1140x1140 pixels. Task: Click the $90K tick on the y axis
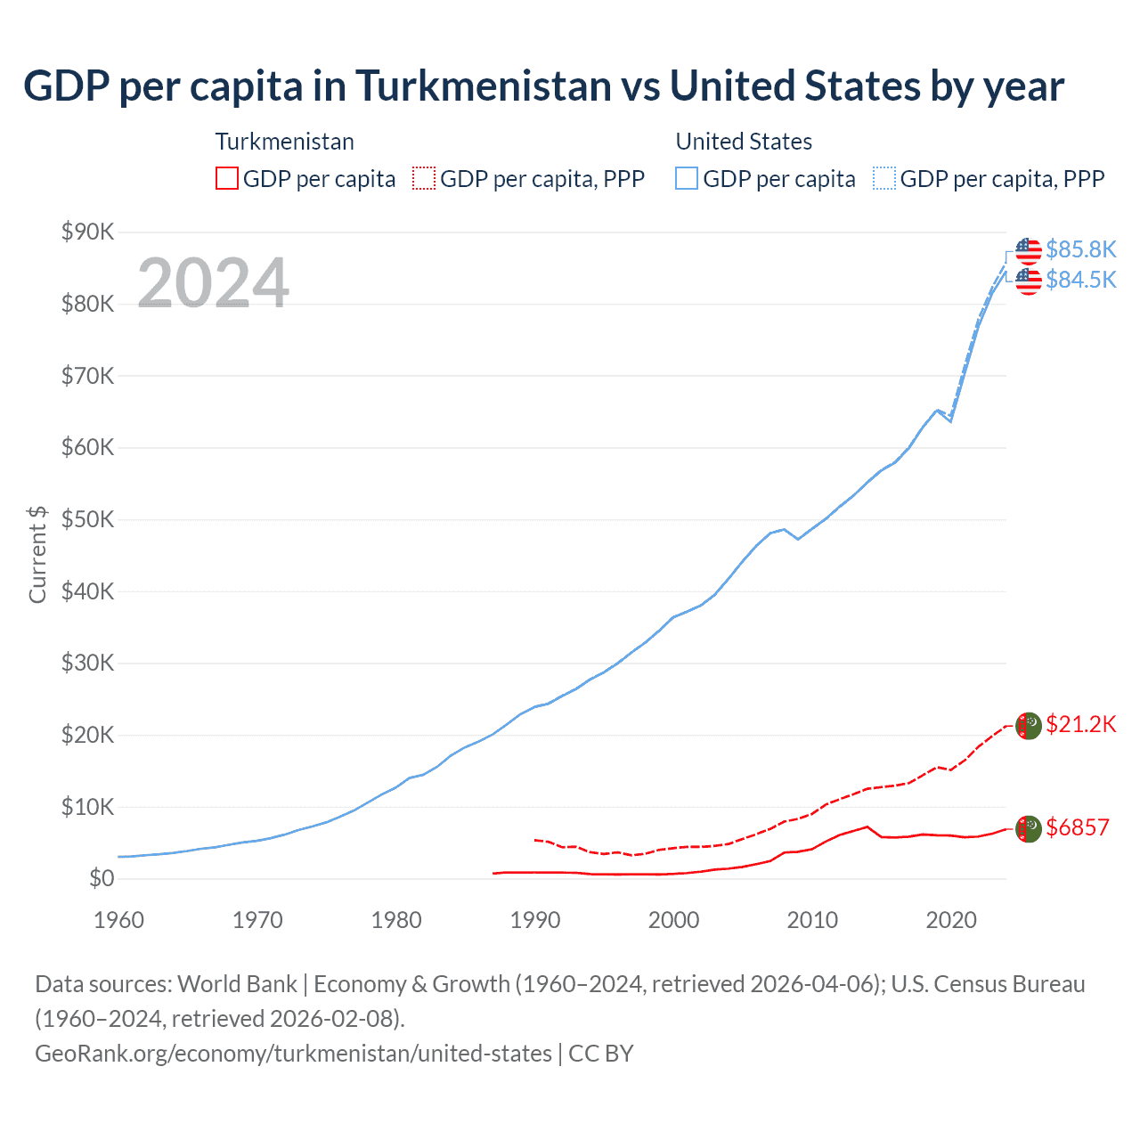tap(87, 232)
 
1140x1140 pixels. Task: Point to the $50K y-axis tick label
tap(87, 520)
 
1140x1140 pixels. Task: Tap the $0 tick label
tap(102, 879)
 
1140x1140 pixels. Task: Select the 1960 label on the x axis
tap(118, 920)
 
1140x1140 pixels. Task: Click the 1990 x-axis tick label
tap(534, 920)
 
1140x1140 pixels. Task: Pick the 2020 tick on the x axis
tap(951, 920)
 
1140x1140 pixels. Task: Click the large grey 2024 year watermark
tap(213, 283)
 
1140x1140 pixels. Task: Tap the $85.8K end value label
tap(1080, 249)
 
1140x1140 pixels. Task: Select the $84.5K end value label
tap(1080, 280)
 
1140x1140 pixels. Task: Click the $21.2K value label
tap(1080, 724)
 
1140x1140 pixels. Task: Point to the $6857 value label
tap(1078, 827)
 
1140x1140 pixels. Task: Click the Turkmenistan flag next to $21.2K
tap(1029, 726)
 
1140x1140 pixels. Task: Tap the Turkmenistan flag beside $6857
tap(1029, 829)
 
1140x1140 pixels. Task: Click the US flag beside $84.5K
tap(1029, 281)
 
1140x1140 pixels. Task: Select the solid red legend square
tap(227, 179)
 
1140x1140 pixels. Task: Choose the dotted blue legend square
tap(884, 179)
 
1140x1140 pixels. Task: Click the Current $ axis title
tap(37, 555)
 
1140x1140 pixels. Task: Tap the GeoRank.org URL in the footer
tap(293, 1054)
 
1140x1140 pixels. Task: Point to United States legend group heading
tap(744, 142)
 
